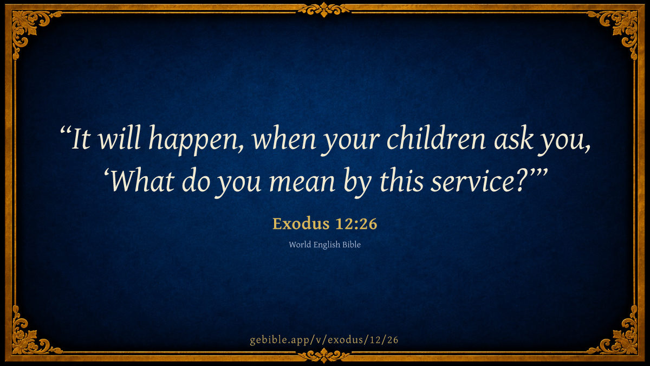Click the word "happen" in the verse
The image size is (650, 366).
[x=195, y=140]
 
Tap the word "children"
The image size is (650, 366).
[x=436, y=137]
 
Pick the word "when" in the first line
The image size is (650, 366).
[x=284, y=137]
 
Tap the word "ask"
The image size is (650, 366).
[x=513, y=137]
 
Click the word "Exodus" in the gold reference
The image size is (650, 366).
[x=301, y=223]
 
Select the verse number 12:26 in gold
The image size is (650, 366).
[x=356, y=224]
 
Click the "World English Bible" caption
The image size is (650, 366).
[x=324, y=245]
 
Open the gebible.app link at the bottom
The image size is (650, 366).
[x=324, y=340]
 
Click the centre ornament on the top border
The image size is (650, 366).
[x=324, y=10]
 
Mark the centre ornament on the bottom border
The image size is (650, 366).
[x=324, y=356]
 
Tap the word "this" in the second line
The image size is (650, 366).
[x=401, y=180]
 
